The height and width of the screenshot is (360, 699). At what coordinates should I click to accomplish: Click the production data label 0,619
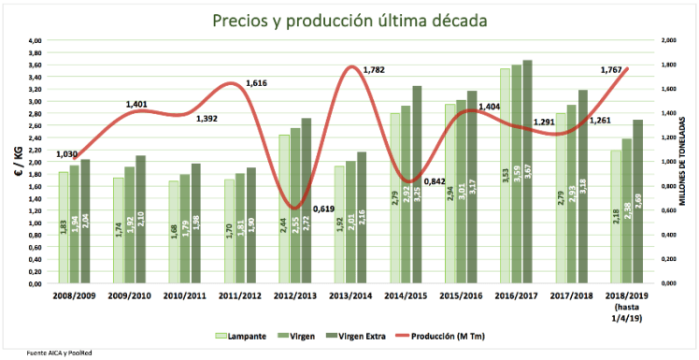(323, 208)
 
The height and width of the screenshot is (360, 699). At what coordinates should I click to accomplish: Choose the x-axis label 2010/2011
(185, 295)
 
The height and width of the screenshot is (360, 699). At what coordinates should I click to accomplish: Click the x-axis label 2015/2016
(461, 295)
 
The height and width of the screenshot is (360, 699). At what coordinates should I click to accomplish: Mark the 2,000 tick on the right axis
(665, 41)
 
